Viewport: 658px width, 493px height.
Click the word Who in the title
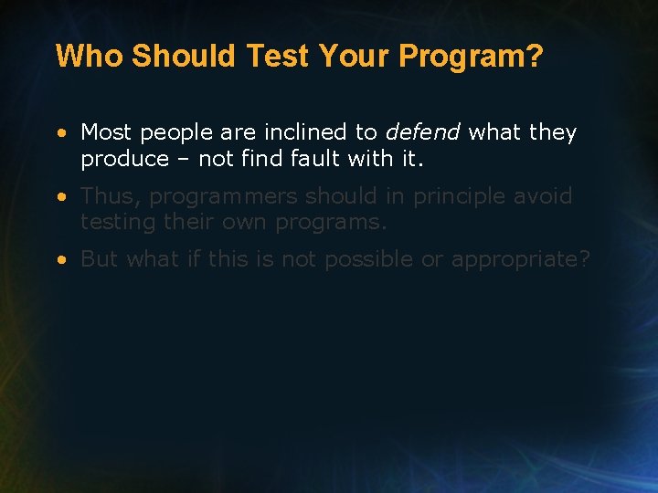tap(90, 57)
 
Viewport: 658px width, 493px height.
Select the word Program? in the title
tap(472, 57)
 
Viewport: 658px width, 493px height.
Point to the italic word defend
tap(422, 132)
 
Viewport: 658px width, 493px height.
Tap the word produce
tap(124, 160)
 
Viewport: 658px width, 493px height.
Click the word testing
tap(114, 223)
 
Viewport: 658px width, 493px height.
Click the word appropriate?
tap(521, 260)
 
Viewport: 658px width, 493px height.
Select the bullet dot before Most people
tap(60, 133)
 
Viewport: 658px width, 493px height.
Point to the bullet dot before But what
tap(60, 260)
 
